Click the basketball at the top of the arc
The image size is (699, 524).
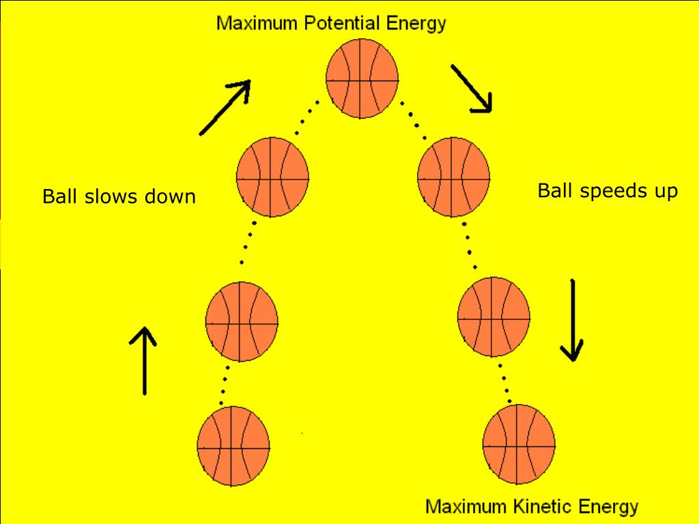pos(362,78)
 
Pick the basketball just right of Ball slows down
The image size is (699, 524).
pos(272,177)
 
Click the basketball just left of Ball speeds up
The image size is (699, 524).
pos(453,176)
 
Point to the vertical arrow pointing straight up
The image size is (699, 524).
pos(144,360)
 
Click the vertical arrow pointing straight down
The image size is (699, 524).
pos(572,320)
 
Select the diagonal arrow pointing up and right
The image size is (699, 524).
pos(225,108)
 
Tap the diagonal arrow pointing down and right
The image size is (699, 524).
pos(470,88)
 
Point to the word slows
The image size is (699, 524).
pos(115,197)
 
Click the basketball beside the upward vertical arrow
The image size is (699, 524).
pos(242,320)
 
